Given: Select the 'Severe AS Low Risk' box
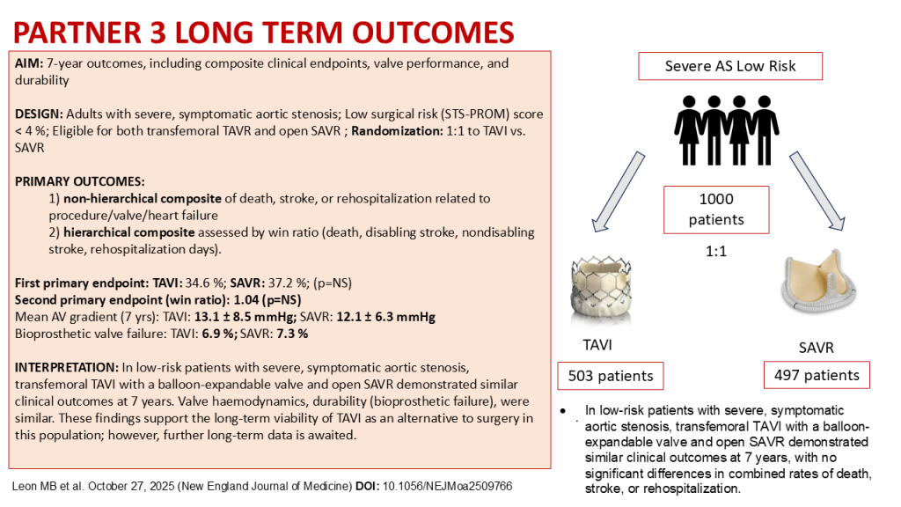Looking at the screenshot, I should (730, 67).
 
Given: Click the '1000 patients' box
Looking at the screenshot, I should (716, 209).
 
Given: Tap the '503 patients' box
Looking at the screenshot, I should (610, 376).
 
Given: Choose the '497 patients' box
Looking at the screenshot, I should (817, 375).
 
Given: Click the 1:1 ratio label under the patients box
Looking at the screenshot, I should (716, 249).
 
